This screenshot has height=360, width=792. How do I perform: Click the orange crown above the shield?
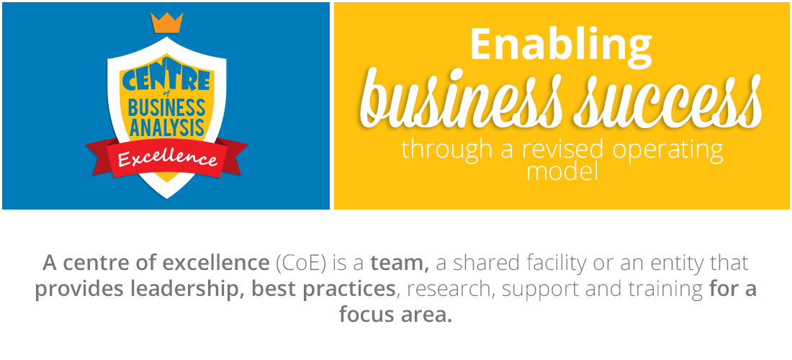167,23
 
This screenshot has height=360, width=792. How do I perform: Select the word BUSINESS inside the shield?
167,107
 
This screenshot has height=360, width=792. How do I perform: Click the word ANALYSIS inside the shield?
167,127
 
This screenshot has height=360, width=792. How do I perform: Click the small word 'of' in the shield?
167,96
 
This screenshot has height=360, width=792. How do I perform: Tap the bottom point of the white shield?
167,198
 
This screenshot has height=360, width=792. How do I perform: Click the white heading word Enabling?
561,45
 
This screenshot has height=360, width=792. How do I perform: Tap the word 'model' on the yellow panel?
562,171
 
